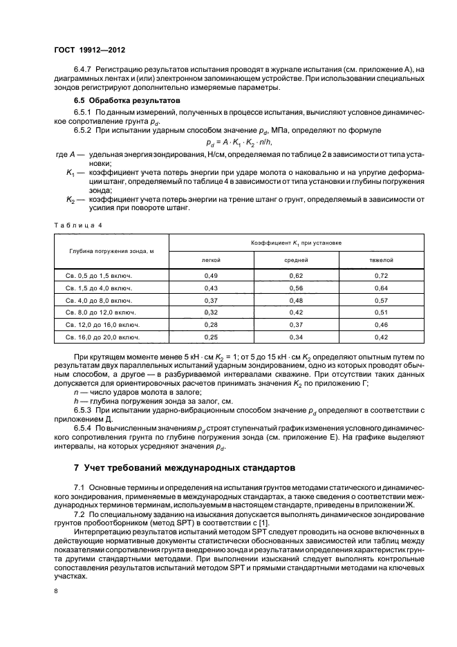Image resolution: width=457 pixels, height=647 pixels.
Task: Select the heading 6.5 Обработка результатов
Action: pyautogui.click(x=118, y=100)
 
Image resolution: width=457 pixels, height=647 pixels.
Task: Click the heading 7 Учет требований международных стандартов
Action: pyautogui.click(x=185, y=467)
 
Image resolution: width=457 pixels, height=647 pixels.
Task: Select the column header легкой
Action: pyautogui.click(x=211, y=261)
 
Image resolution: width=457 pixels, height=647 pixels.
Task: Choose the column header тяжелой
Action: pyautogui.click(x=381, y=261)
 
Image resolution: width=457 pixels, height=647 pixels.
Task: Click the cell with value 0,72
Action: pyautogui.click(x=381, y=276)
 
